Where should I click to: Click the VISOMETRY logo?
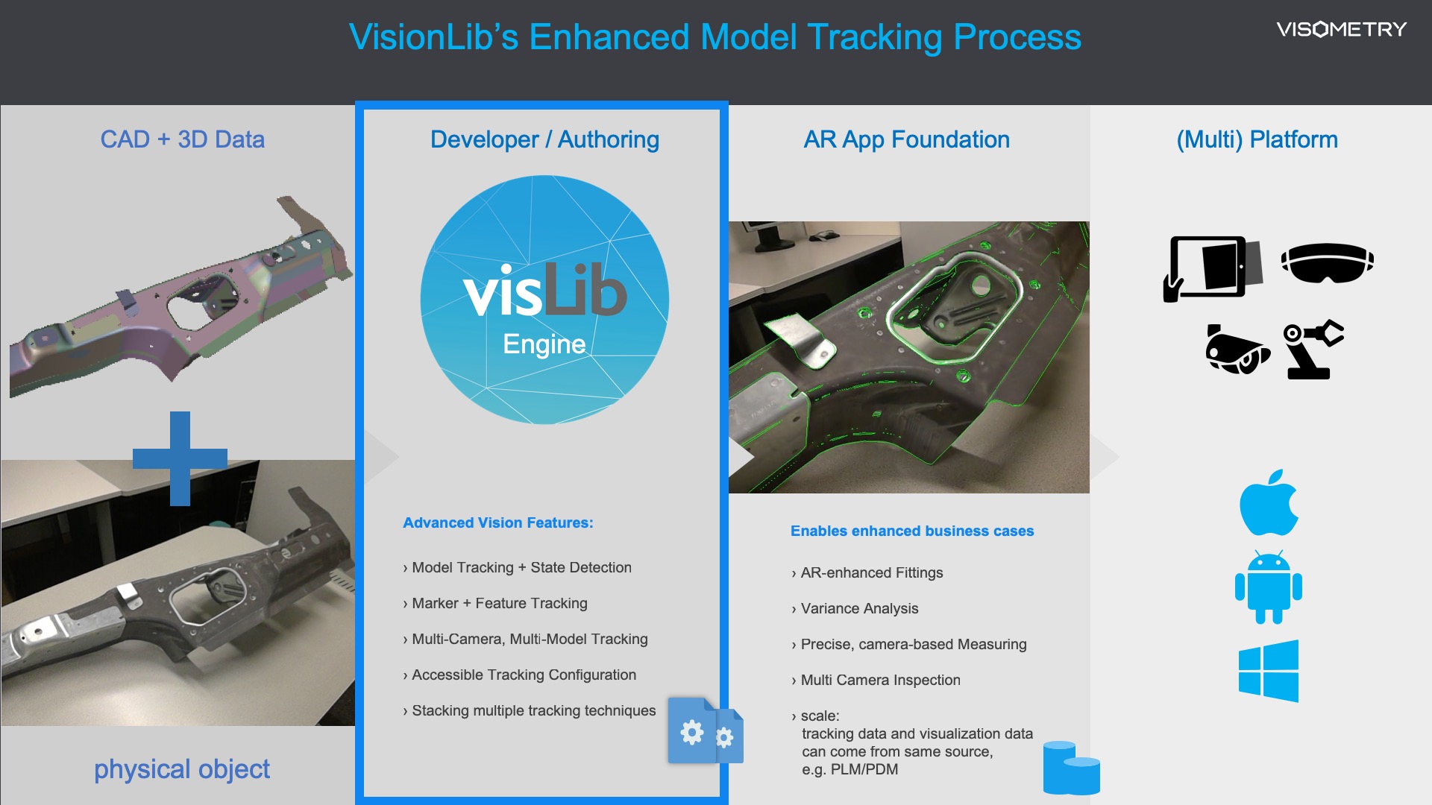[1341, 29]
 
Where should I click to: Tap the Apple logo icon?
[1269, 502]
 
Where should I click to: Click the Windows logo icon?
[1268, 671]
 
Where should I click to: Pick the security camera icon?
[1237, 349]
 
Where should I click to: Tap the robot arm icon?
[1313, 350]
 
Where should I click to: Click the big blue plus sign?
[180, 458]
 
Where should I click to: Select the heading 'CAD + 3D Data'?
[183, 139]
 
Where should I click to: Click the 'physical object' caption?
[181, 769]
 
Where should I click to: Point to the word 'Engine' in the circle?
[544, 344]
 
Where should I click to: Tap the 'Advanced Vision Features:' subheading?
[498, 523]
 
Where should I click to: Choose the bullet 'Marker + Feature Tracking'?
[495, 603]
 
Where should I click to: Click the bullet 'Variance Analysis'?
[855, 608]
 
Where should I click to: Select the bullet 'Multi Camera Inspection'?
[876, 680]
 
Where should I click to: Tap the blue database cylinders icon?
[1071, 768]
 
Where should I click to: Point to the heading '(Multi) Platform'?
[1257, 139]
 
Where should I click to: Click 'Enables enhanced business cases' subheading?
[912, 531]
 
